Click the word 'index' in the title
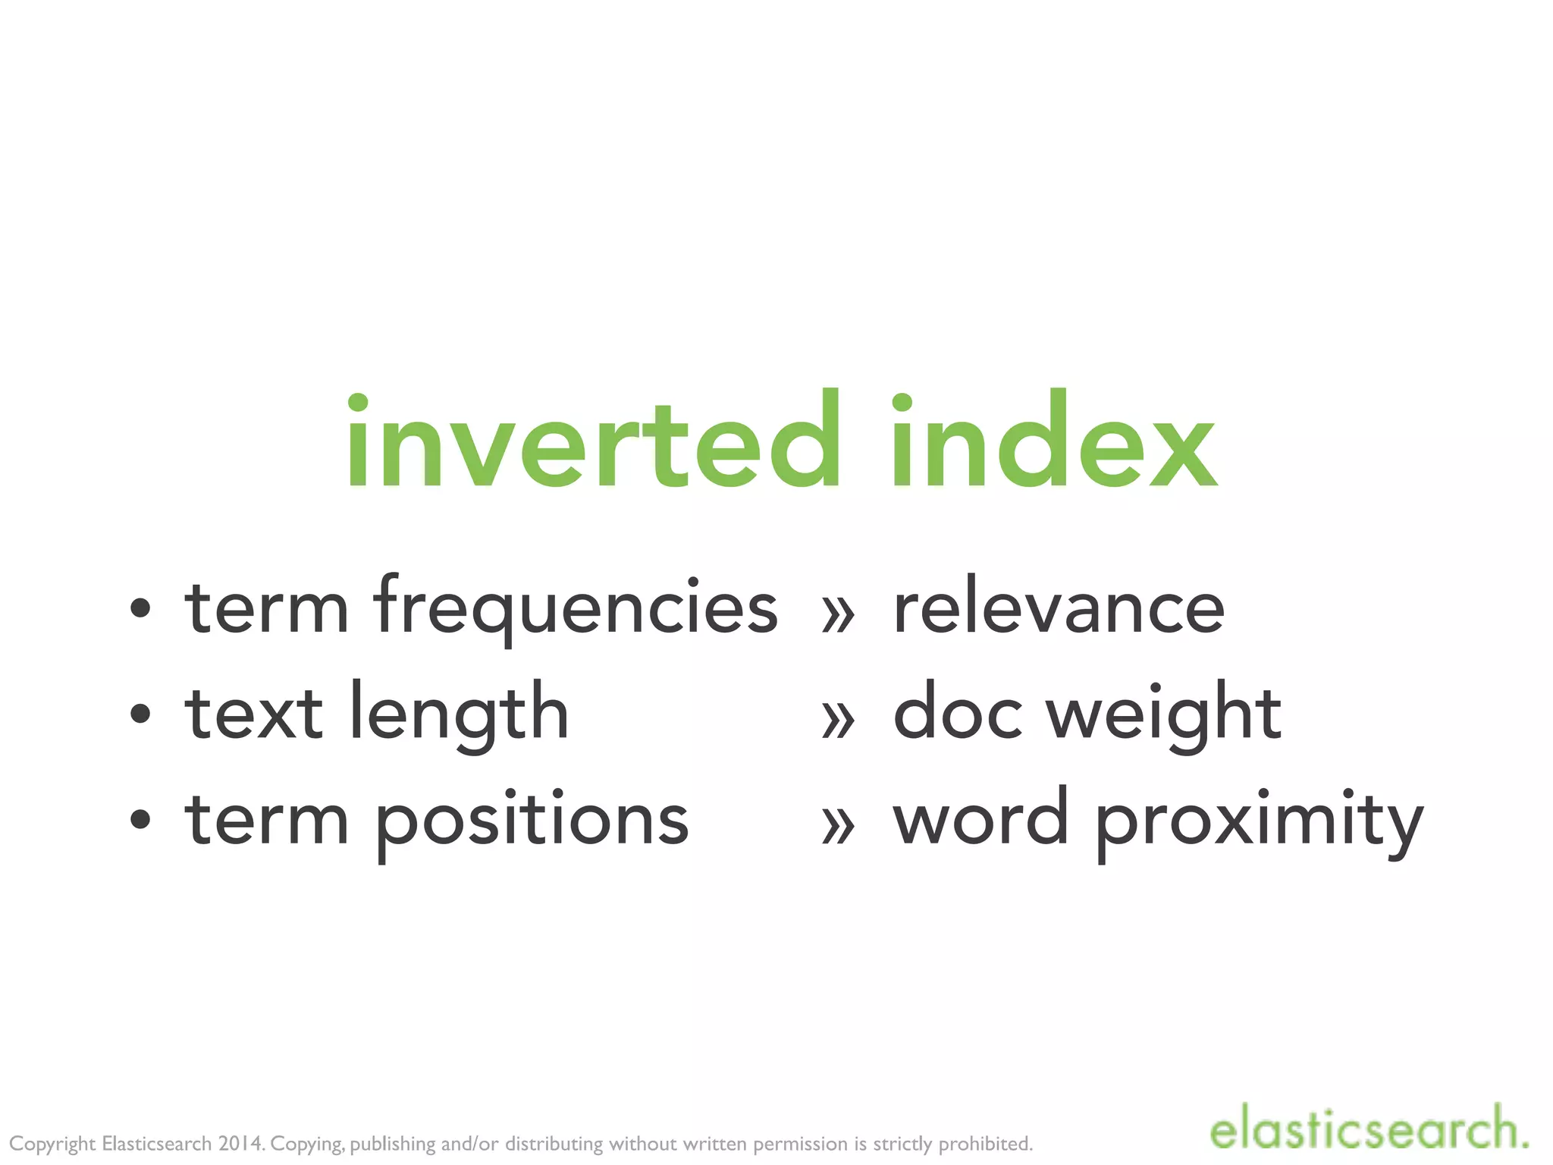point(1053,441)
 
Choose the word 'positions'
point(532,821)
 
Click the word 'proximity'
point(1259,821)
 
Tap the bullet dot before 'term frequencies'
point(140,608)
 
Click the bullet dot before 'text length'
point(140,713)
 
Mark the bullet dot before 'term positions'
point(140,819)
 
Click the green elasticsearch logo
point(1368,1128)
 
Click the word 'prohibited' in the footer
point(985,1144)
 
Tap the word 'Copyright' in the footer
point(52,1144)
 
